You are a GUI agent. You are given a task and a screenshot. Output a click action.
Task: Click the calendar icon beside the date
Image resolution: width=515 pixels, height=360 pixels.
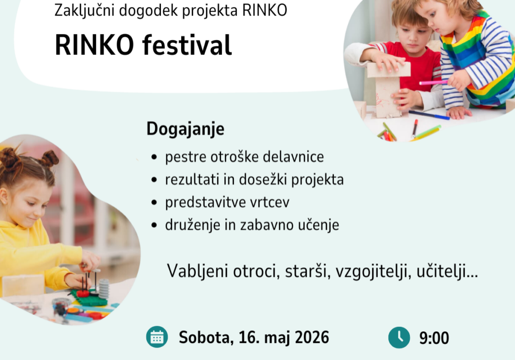(x=157, y=337)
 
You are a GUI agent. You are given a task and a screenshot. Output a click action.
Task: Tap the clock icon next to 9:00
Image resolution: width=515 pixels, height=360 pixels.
(x=399, y=337)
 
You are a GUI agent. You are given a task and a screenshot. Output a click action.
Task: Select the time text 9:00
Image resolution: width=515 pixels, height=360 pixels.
(x=434, y=338)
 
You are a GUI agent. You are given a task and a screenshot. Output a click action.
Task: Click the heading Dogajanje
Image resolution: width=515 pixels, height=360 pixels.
(x=185, y=129)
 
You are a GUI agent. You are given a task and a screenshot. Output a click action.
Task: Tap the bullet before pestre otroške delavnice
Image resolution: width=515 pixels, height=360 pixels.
(x=154, y=158)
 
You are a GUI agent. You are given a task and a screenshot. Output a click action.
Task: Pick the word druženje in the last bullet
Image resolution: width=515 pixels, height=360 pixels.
(x=190, y=225)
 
